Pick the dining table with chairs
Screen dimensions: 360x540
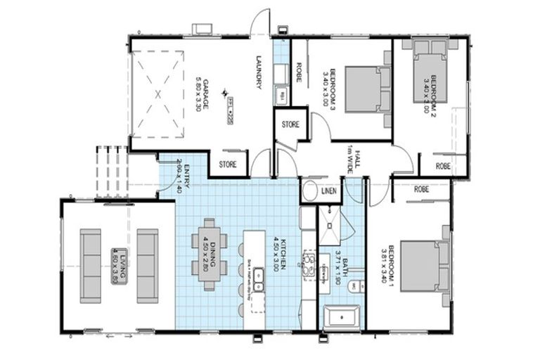pos(210,255)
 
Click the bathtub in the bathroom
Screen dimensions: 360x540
pos(342,318)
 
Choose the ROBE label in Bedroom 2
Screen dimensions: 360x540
pos(443,167)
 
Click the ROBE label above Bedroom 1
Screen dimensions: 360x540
pos(422,189)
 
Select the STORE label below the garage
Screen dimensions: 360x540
pos(227,165)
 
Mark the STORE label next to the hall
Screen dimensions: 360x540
pos(290,124)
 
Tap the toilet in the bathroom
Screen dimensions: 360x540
pos(356,285)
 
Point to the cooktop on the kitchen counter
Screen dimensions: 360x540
pos(308,264)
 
